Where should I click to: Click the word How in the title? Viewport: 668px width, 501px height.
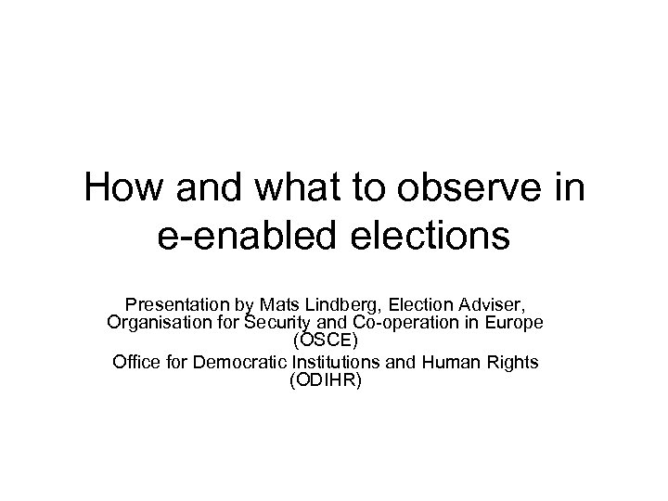(x=120, y=189)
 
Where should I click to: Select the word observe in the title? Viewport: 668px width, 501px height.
(x=477, y=189)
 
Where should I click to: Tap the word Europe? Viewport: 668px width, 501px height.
(x=518, y=322)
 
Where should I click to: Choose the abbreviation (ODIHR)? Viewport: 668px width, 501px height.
(x=333, y=379)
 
